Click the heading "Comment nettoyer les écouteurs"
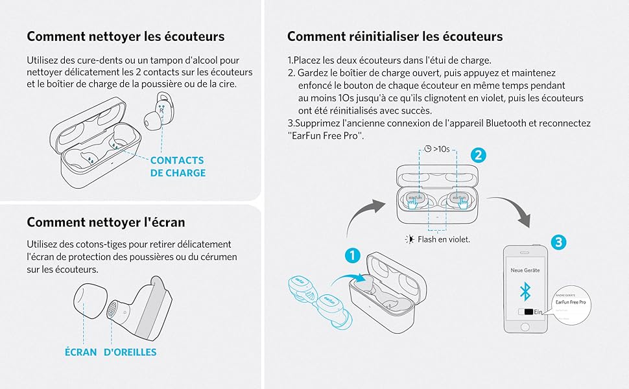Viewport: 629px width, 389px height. pos(125,36)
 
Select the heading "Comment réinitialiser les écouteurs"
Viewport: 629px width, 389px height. pos(395,36)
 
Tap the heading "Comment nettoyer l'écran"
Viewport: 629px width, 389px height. pos(106,222)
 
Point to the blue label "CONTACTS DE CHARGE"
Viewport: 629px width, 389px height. pos(177,167)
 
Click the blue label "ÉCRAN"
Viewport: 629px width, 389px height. pos(80,352)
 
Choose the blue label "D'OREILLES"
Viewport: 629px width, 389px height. pos(130,352)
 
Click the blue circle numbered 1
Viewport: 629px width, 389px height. pos(352,255)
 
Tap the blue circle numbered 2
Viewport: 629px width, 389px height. pos(478,155)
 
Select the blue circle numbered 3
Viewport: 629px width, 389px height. pos(560,242)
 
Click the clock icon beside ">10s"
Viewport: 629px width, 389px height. pos(428,148)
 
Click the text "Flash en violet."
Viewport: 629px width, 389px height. pos(444,239)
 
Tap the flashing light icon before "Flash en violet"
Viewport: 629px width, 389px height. pos(409,239)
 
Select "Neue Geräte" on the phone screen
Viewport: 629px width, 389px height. pos(526,269)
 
